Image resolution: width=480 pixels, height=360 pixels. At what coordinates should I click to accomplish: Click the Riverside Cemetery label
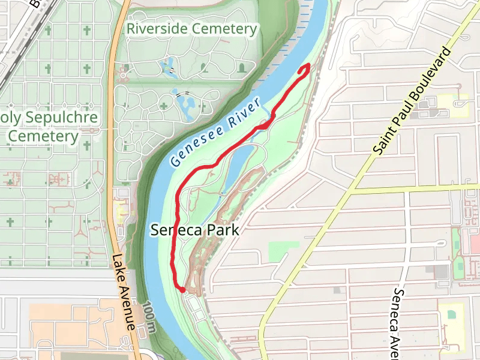tap(191, 28)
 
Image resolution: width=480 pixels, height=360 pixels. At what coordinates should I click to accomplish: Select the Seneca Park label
tap(195, 230)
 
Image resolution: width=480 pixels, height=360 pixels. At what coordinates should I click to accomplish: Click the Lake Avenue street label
tap(122, 291)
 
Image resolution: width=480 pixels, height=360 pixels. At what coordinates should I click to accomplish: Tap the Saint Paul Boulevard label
tap(412, 102)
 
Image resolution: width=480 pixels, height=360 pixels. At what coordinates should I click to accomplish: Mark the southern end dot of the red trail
tap(182, 290)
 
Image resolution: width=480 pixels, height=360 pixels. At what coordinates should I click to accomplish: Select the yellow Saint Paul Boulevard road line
tap(312, 240)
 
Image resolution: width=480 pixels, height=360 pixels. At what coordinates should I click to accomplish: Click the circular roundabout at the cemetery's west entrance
tap(124, 75)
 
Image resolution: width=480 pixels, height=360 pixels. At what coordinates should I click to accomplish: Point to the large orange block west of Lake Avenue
tap(72, 324)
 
